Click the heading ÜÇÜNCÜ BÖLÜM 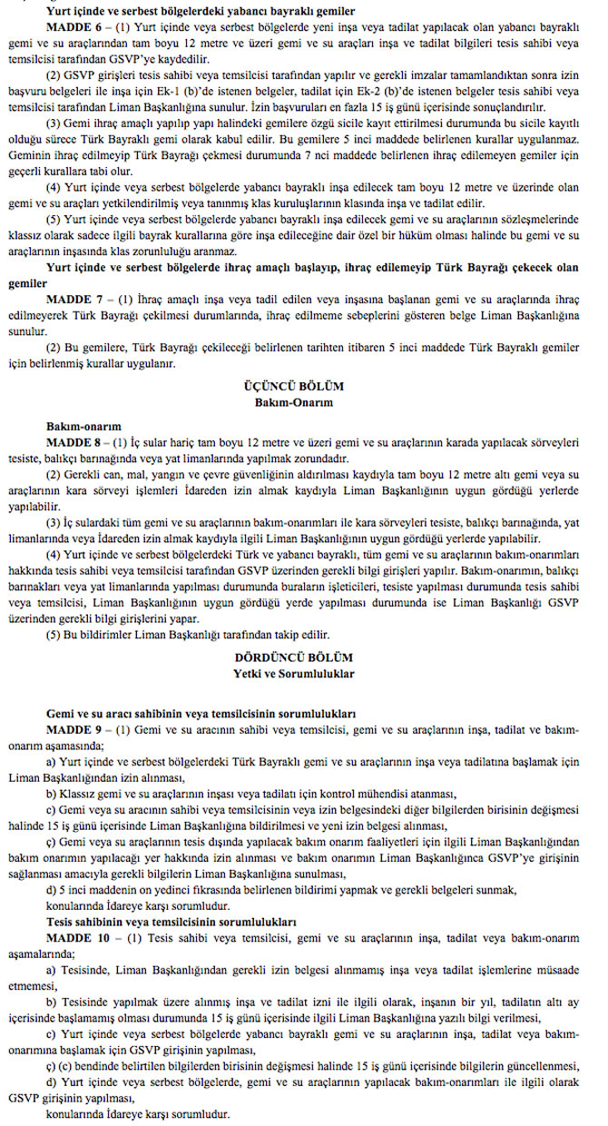coord(304,386)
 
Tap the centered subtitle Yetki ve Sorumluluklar coord(304,673)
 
